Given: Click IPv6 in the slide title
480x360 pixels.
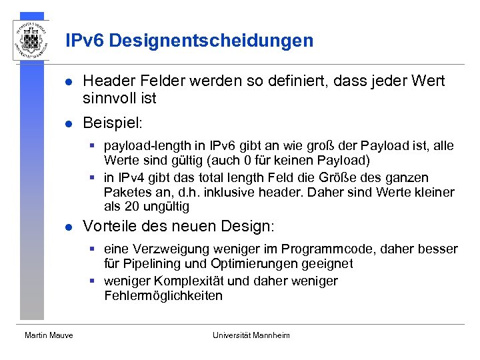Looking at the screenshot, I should (85, 41).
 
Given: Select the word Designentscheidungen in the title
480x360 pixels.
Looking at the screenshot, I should (211, 41).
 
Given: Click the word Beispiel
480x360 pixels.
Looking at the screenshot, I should (110, 123).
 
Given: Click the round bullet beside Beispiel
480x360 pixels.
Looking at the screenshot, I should (68, 124).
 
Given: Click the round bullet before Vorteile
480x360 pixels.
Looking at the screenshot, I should (68, 227).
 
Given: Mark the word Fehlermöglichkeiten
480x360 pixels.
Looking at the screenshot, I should (163, 295).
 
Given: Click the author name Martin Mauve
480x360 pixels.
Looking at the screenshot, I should (49, 335).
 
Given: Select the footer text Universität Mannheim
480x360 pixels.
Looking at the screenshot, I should (251, 335).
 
